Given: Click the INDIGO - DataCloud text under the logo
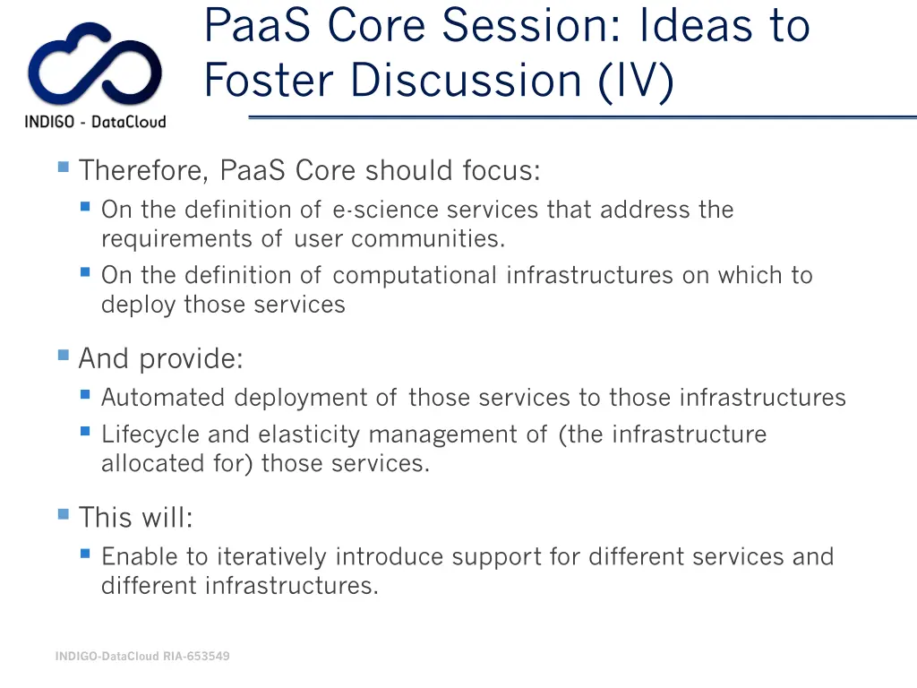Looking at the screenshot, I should tap(95, 122).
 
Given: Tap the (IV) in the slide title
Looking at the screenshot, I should tap(635, 81).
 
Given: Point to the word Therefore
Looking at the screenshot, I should tap(143, 170).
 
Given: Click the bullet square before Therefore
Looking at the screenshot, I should tap(63, 167).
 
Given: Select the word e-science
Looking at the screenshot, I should tap(386, 210).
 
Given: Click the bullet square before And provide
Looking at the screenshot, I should tap(63, 356).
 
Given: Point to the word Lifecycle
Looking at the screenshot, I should tap(151, 434).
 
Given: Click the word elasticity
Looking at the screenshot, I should tap(310, 434).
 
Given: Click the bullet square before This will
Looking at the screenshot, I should tap(63, 514).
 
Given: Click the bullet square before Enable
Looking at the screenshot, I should tap(85, 554).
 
